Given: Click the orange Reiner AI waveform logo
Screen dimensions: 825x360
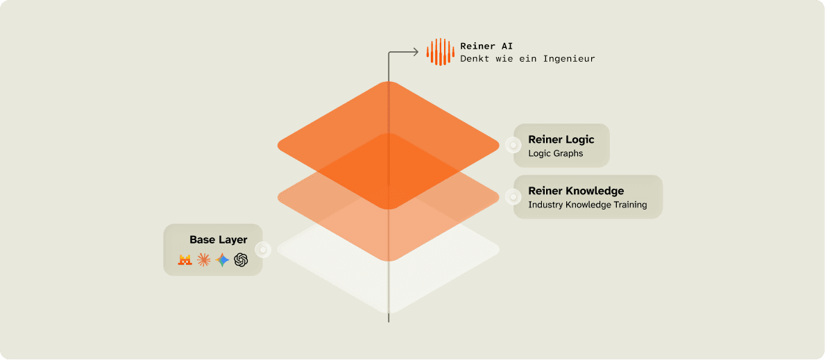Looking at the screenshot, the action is click(x=441, y=52).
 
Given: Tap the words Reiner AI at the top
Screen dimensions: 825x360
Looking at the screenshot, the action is click(x=486, y=46).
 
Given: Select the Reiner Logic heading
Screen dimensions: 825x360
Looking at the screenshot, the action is click(x=561, y=139).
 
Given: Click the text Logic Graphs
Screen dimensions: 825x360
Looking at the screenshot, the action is click(x=555, y=153).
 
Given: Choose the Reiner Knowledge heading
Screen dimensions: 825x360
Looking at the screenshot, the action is click(x=576, y=191).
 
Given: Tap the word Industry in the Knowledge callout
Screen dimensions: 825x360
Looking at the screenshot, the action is click(x=546, y=205).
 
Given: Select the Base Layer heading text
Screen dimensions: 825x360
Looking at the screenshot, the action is click(x=218, y=240).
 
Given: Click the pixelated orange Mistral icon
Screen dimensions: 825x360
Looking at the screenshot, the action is click(x=185, y=260).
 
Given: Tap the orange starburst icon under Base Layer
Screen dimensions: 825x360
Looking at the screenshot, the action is click(x=203, y=260).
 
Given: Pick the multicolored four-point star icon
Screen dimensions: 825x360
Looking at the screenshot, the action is click(x=222, y=260).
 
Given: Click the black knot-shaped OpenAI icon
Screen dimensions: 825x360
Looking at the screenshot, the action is click(x=241, y=260).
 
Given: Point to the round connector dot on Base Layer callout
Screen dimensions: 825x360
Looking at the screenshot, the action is click(x=263, y=250).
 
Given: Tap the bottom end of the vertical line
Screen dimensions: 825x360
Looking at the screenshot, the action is click(x=389, y=321).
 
